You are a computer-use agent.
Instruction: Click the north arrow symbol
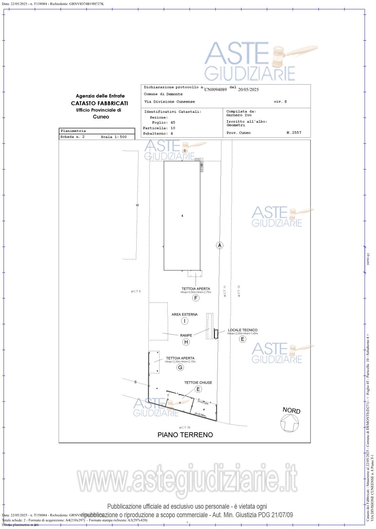tap(289, 423)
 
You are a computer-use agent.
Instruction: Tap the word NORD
tap(291, 410)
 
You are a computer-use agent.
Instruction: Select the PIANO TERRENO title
tap(185, 435)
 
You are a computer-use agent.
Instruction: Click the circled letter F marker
tap(196, 298)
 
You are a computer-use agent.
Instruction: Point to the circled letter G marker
tap(180, 367)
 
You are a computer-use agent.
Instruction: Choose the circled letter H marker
tap(186, 342)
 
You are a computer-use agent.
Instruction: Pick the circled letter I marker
tap(185, 321)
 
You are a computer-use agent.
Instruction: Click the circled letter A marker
tap(219, 245)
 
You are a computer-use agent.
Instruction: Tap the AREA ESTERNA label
tap(184, 314)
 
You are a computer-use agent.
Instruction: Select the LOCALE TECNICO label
tap(242, 330)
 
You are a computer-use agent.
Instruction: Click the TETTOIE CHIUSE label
tap(198, 382)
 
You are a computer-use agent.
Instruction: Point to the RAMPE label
tap(186, 335)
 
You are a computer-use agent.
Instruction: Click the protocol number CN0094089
tap(216, 89)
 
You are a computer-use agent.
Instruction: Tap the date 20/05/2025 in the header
tap(248, 89)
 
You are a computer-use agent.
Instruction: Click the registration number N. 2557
tap(293, 133)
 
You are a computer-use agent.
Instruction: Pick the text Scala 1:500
tap(114, 137)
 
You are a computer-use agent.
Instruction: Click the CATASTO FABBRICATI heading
tap(100, 103)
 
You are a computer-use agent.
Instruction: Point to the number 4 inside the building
tap(182, 216)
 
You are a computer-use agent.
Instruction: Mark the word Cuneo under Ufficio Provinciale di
tap(101, 117)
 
